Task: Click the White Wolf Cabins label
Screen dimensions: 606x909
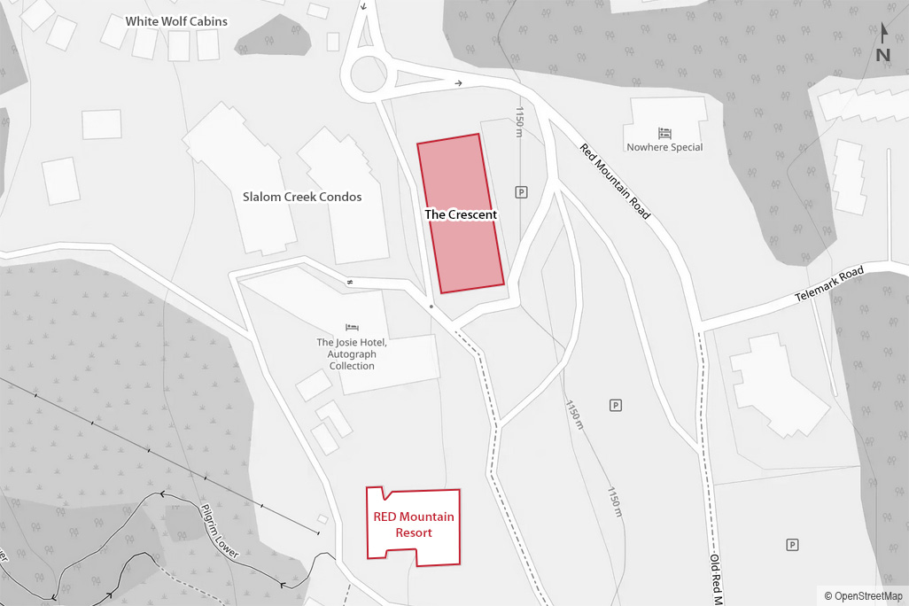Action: [176, 21]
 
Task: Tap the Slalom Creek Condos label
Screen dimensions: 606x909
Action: [302, 197]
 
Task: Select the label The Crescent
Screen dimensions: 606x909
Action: [461, 214]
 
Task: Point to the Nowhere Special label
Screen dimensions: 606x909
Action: [664, 147]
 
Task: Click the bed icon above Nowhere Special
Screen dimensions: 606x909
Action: [664, 132]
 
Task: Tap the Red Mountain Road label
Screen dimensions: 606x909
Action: [615, 182]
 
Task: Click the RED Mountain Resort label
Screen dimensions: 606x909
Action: [414, 524]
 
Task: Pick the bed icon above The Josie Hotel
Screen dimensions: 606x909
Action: [352, 327]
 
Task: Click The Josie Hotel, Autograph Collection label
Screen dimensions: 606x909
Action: [352, 353]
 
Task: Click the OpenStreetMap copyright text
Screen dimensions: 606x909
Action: [863, 596]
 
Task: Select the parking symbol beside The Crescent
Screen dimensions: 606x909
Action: [521, 192]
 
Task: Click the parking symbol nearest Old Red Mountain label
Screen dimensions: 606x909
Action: [793, 544]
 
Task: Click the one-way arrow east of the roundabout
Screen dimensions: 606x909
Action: [458, 84]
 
